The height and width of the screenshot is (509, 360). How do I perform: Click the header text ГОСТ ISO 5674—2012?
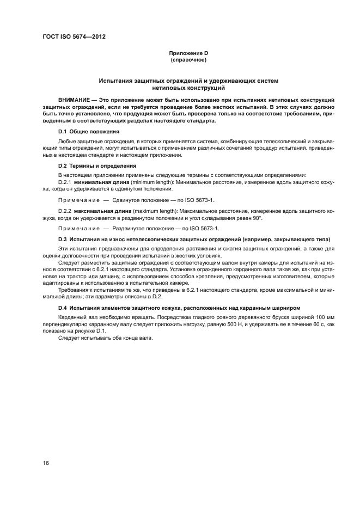pyautogui.click(x=74, y=36)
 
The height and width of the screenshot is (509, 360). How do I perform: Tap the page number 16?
pyautogui.click(x=46, y=463)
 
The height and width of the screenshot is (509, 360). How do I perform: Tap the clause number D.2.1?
pyautogui.click(x=65, y=182)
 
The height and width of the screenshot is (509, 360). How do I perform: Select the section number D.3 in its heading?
pyautogui.click(x=63, y=240)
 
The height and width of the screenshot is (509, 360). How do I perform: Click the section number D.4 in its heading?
pyautogui.click(x=63, y=309)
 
